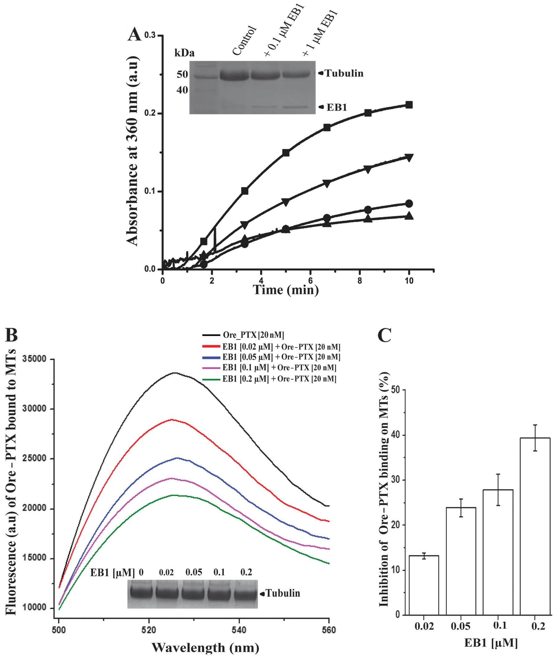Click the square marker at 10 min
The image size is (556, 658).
tap(409, 105)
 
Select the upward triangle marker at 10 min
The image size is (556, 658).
tap(409, 216)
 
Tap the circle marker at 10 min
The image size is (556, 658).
tap(409, 204)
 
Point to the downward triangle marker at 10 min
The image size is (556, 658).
tap(409, 158)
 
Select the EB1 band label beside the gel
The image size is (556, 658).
tap(336, 107)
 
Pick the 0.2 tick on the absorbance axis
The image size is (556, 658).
tap(150, 114)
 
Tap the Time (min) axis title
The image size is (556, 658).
tap(286, 289)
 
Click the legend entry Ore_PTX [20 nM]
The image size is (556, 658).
tap(253, 335)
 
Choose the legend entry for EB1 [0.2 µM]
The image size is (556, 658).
tap(279, 379)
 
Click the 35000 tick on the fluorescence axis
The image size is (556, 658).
tap(35, 359)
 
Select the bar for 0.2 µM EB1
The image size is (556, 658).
tap(535, 526)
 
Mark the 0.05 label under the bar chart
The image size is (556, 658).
tap(461, 626)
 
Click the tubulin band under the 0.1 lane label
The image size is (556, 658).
tap(219, 593)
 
